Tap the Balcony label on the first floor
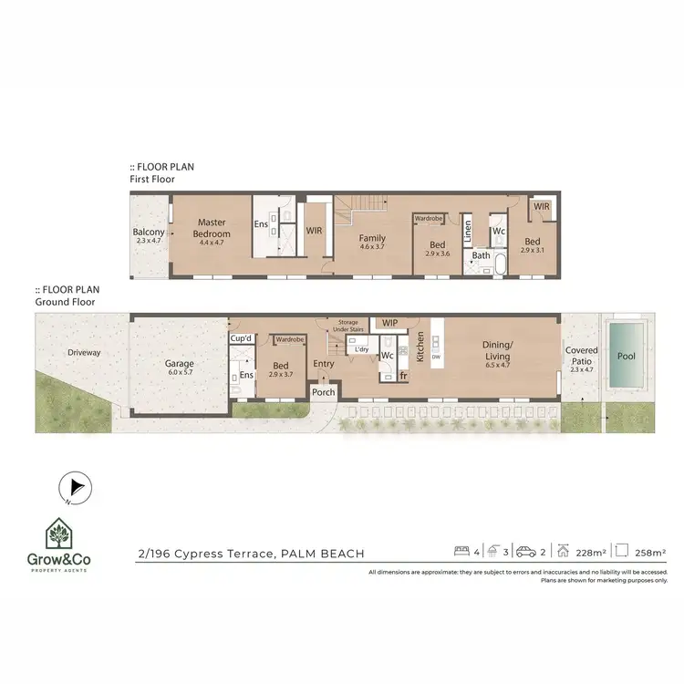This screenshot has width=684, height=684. click(149, 233)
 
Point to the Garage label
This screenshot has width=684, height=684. click(179, 362)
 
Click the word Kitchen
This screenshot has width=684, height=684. click(420, 347)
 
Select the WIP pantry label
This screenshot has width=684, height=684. click(390, 323)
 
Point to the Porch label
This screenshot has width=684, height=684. click(324, 392)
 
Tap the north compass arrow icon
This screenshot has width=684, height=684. click(74, 489)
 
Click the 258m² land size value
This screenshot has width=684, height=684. click(651, 553)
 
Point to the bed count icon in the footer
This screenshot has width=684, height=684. click(461, 552)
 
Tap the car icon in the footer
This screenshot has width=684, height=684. click(526, 552)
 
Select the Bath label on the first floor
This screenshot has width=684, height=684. click(481, 255)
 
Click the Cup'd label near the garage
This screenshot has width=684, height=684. click(241, 338)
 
